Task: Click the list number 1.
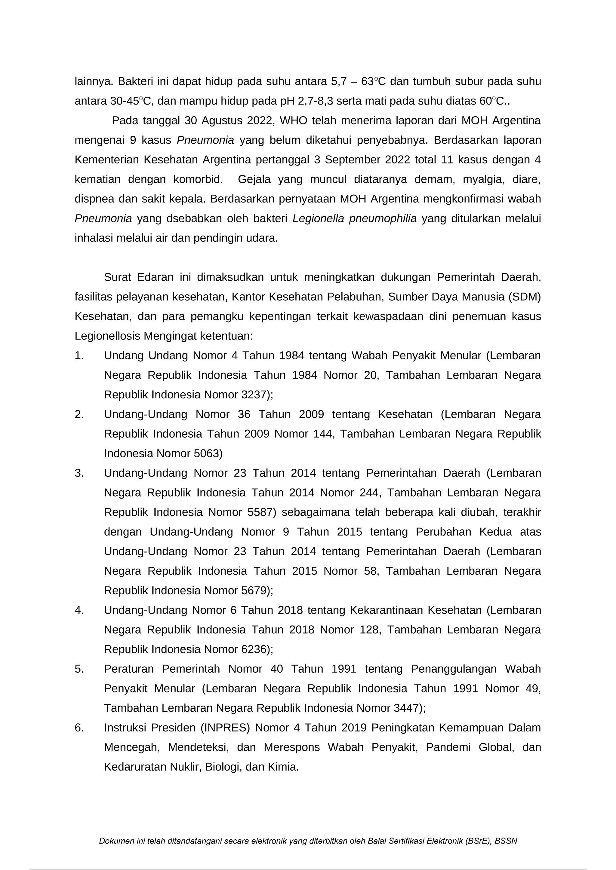coord(79,356)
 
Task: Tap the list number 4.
coord(79,610)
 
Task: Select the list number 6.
coord(79,728)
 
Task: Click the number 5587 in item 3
coord(260,512)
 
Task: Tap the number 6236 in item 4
coord(254,649)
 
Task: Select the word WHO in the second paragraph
coord(292,121)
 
